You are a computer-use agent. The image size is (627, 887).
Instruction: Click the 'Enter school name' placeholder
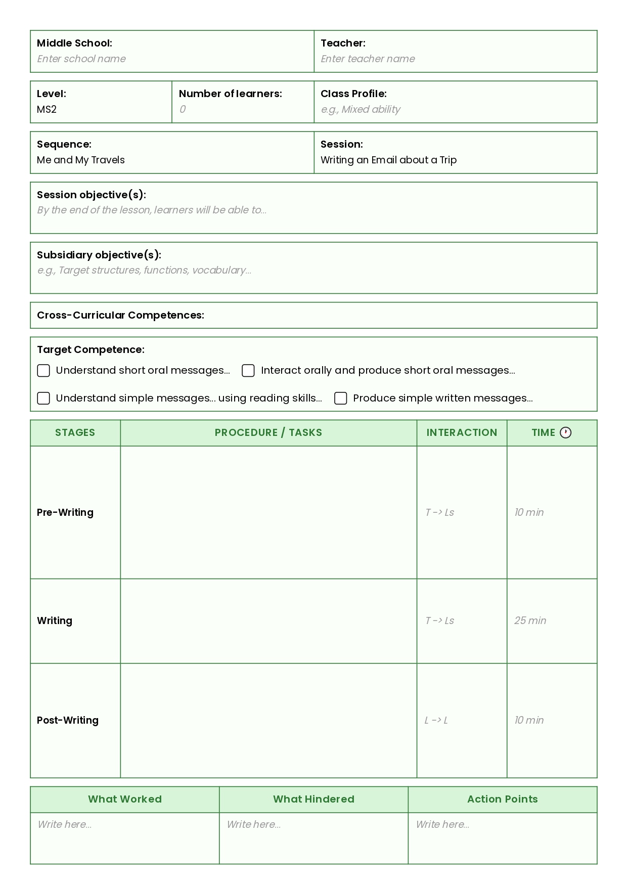pos(81,59)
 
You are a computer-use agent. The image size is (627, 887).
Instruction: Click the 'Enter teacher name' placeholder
pos(368,59)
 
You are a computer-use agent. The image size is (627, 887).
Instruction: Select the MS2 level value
pos(47,109)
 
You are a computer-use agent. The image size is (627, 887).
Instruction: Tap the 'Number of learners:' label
pos(230,94)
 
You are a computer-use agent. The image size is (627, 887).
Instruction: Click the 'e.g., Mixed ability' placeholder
pos(361,109)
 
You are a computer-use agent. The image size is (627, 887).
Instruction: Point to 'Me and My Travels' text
pos(81,160)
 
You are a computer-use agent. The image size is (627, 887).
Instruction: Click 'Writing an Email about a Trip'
pos(388,160)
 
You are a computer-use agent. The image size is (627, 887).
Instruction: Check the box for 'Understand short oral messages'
pos(43,371)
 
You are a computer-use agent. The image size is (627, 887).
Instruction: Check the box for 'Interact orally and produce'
pos(248,371)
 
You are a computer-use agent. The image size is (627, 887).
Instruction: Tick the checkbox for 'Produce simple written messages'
pos(341,398)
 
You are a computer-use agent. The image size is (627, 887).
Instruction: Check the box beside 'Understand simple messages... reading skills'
pos(43,398)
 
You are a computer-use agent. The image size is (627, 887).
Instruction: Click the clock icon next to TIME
pos(566,432)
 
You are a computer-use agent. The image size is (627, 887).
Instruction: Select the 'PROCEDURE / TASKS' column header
pos(268,432)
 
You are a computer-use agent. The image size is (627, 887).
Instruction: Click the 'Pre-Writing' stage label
pos(65,512)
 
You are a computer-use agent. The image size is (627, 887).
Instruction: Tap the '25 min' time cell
pos(530,620)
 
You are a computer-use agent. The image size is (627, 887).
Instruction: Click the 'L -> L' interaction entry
pos(436,720)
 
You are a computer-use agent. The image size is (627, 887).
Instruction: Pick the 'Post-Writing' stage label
pos(68,720)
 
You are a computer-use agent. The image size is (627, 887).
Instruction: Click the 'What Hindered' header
pos(313,799)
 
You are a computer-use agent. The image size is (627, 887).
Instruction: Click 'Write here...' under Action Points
pos(442,824)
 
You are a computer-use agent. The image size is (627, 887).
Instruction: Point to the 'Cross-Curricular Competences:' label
pos(120,315)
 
